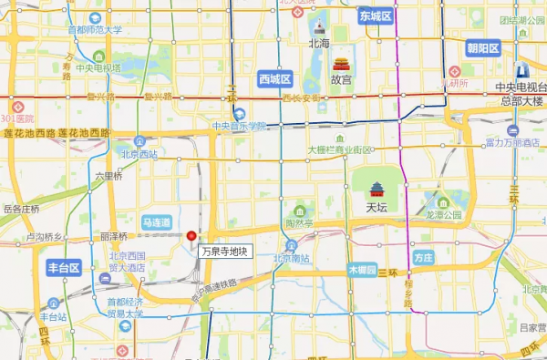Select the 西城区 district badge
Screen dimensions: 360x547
click(274, 78)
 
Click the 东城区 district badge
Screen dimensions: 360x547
click(375, 16)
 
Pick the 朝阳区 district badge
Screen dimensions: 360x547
click(482, 48)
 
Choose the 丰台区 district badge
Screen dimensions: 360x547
click(64, 268)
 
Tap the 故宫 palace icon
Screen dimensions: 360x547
click(341, 65)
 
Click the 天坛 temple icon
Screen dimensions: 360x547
click(377, 190)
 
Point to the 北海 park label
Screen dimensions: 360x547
click(319, 43)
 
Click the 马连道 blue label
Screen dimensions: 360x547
click(157, 222)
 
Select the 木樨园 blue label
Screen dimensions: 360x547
click(362, 271)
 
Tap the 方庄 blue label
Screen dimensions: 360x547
click(422, 258)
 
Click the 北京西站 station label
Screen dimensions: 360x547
click(139, 154)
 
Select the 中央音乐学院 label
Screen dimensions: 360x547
click(239, 126)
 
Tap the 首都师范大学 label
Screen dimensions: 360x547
click(95, 30)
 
